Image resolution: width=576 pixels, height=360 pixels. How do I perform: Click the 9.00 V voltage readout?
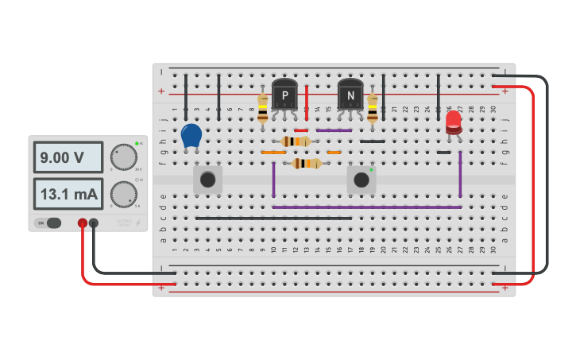pos(68,157)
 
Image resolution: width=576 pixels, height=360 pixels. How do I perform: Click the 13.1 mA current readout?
pos(68,194)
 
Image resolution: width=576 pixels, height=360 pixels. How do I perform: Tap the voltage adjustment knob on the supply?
pos(123,157)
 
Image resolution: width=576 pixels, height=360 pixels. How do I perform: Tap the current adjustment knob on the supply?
pos(122,194)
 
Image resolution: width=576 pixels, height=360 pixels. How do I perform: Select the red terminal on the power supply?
pos(83,224)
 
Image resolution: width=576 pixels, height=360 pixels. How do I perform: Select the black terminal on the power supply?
pos(94,224)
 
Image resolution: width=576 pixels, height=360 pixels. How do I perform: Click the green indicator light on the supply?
pos(137,143)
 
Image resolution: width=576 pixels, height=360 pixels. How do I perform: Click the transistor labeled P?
pos(284,97)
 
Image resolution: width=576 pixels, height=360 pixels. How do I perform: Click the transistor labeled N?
pos(350,97)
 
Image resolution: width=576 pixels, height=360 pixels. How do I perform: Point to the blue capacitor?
pos(191,135)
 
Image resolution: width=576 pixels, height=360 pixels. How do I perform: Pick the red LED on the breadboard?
pos(453,122)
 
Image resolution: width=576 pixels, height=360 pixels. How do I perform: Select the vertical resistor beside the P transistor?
pos(263,108)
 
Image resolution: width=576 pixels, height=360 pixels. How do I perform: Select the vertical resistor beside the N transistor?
pos(373,108)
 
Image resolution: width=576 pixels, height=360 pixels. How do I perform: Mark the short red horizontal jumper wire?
pos(301,130)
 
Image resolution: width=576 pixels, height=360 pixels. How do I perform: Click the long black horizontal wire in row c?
pos(273,218)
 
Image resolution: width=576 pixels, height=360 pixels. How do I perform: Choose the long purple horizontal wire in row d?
pos(366,207)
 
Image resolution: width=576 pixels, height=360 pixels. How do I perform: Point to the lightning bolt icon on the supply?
pos(140,223)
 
